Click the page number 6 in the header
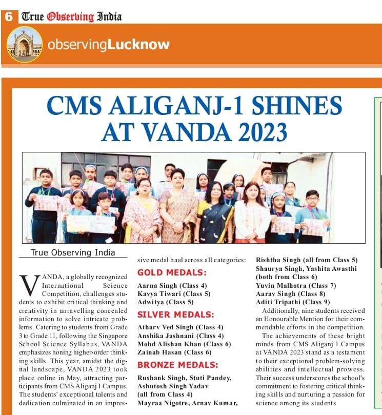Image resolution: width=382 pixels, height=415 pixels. [x=9, y=16]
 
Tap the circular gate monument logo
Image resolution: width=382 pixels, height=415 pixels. [x=25, y=45]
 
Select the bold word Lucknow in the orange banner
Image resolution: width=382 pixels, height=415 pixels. [x=138, y=45]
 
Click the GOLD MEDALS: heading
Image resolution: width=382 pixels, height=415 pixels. [x=172, y=272]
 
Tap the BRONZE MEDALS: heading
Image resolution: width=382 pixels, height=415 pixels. [x=177, y=365]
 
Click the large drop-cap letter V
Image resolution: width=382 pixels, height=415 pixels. [x=29, y=285]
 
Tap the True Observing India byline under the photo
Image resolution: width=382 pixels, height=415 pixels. [x=73, y=252]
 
